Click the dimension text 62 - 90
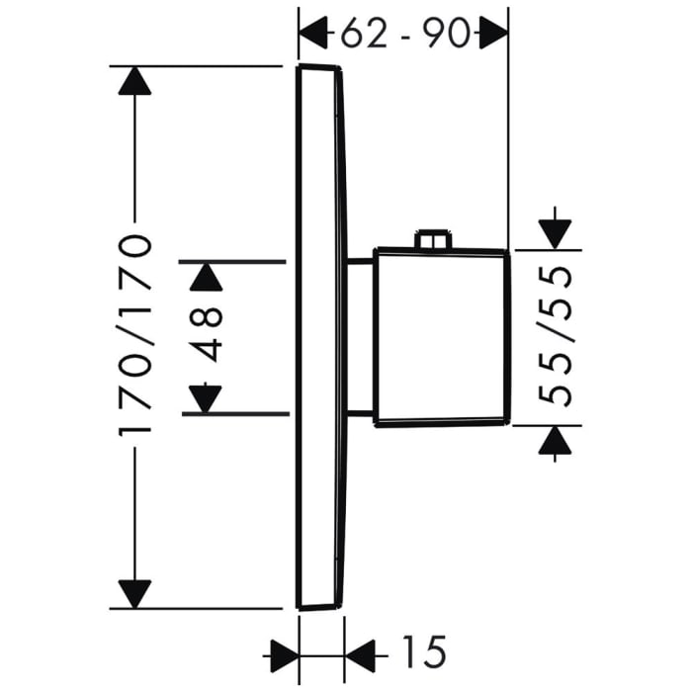click(403, 35)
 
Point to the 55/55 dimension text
click(559, 336)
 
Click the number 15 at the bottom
click(423, 650)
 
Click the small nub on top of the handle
click(433, 240)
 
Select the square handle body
click(441, 337)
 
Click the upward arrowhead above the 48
click(205, 276)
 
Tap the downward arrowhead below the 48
click(205, 397)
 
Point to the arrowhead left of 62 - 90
click(313, 35)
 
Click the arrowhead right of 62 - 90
click(492, 35)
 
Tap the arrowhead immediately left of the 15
click(361, 651)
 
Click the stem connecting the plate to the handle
click(360, 336)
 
